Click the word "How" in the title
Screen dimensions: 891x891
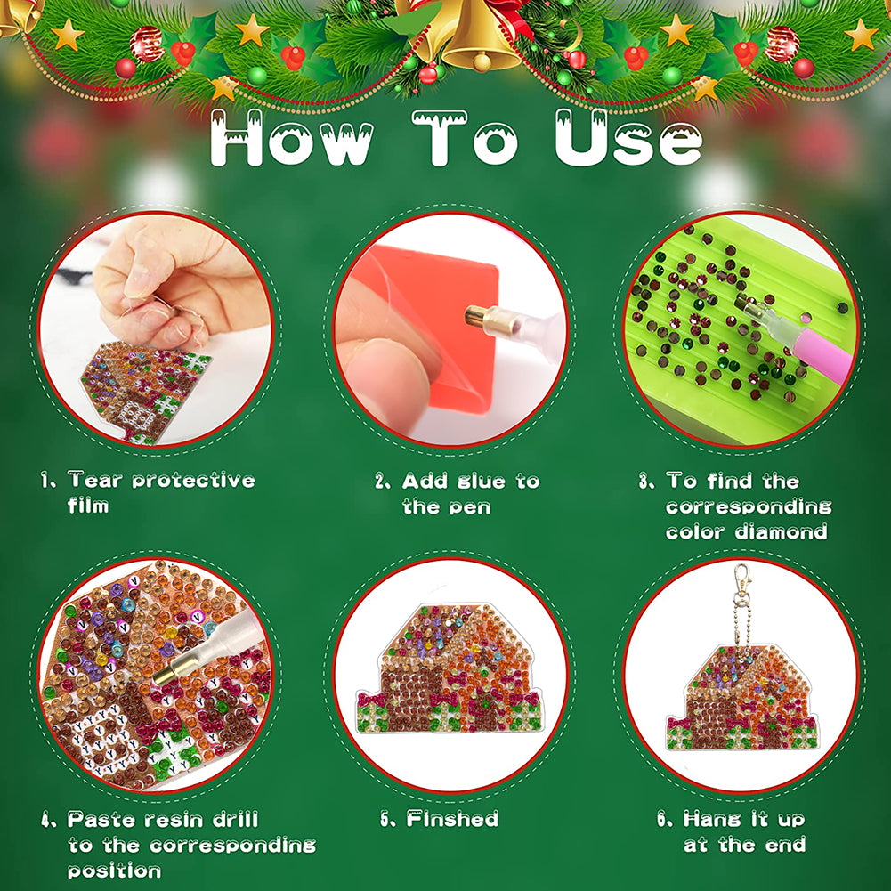click(x=292, y=138)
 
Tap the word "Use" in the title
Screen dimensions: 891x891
click(x=628, y=138)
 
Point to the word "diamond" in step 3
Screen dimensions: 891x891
click(x=782, y=532)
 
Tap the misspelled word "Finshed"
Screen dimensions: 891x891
click(x=452, y=819)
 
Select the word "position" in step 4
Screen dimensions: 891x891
click(x=114, y=871)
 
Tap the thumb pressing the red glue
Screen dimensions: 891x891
click(x=382, y=382)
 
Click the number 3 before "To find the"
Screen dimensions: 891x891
click(x=645, y=482)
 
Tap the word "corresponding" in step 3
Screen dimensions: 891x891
click(x=749, y=506)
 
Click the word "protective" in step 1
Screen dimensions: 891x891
click(x=193, y=481)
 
